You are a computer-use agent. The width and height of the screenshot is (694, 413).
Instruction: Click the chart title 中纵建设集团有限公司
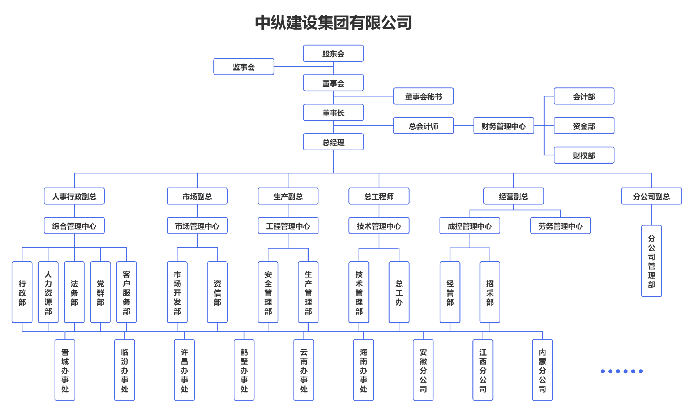pos(333,23)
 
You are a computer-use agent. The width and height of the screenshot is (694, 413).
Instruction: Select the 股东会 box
pos(333,53)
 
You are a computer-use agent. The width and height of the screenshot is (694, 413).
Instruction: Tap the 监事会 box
pos(244,67)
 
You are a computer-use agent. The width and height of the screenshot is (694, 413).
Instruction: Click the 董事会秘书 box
pos(423,96)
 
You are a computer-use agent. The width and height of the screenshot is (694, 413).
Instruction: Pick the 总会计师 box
pos(423,126)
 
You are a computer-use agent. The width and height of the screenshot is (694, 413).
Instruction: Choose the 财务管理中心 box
pos(504,126)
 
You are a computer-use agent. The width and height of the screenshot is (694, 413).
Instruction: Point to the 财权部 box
pos(584,155)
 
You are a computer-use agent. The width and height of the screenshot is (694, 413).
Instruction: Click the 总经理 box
pos(333,142)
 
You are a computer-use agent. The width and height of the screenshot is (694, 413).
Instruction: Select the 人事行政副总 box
pos(74,196)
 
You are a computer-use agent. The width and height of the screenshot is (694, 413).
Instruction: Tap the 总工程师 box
pos(379,196)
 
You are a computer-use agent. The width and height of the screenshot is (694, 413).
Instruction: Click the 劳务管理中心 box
pos(560,226)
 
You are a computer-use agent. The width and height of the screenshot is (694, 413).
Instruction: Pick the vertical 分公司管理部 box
pos(651,261)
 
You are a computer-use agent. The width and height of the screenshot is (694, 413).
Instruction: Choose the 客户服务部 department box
pos(127,292)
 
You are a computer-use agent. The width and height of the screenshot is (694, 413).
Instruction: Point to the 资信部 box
pos(217,292)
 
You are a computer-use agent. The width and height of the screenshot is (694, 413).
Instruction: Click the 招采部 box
pos(490,292)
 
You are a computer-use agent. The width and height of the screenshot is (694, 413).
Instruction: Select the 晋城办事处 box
pos(65,370)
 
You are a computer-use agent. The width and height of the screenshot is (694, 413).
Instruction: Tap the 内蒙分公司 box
pos(542,370)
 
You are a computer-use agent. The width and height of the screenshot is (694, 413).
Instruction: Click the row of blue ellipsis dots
pos(621,371)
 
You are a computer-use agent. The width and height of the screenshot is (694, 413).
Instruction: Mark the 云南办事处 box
pos(304,370)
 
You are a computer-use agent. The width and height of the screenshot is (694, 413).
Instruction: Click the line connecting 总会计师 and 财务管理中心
pos(463,126)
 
